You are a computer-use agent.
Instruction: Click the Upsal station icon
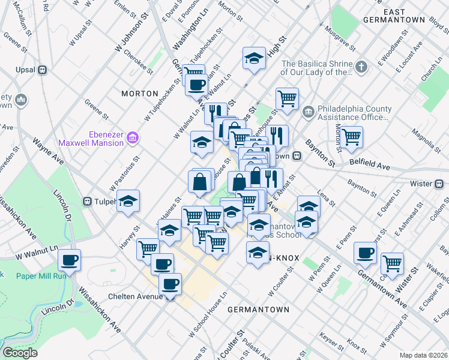[x=42, y=69]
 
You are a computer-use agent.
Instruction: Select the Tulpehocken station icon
[x=88, y=201]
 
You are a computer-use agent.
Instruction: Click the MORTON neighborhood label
[x=139, y=94]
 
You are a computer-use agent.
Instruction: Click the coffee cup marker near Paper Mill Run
[x=69, y=260]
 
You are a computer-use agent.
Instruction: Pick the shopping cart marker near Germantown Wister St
[x=392, y=262]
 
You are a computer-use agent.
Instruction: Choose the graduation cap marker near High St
[x=254, y=58]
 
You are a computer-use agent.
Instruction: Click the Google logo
[x=20, y=353]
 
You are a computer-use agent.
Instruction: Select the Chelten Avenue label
[x=135, y=296]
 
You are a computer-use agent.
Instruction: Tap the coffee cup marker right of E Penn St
[x=365, y=253]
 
